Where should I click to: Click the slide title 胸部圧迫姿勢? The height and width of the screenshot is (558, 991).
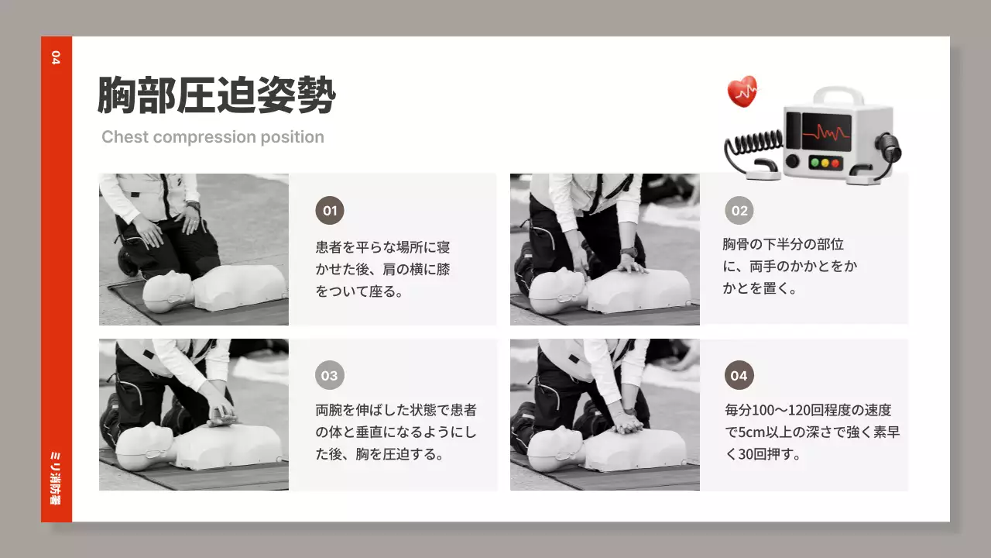pyautogui.click(x=216, y=96)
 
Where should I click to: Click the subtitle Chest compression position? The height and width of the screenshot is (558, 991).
pyautogui.click(x=213, y=137)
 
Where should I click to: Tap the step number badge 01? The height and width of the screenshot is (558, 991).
pyautogui.click(x=330, y=211)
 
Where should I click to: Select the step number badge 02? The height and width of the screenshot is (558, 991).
pyautogui.click(x=739, y=211)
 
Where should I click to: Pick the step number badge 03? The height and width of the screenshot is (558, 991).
pyautogui.click(x=330, y=376)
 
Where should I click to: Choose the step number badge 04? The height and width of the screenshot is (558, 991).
pyautogui.click(x=739, y=376)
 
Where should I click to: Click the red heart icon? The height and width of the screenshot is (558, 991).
pyautogui.click(x=742, y=91)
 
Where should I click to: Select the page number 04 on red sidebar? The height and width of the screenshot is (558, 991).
pyautogui.click(x=55, y=57)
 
